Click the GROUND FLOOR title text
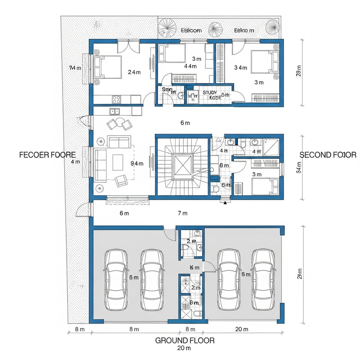click(x=184, y=340)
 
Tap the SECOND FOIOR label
click(x=328, y=155)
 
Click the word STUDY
click(x=210, y=92)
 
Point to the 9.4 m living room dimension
click(x=137, y=163)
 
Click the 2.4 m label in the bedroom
click(x=134, y=72)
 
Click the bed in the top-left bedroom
click(x=109, y=67)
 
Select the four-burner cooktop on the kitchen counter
click(x=116, y=99)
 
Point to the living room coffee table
click(x=118, y=161)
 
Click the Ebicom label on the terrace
click(x=191, y=31)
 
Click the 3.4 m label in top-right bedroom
click(x=241, y=67)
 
